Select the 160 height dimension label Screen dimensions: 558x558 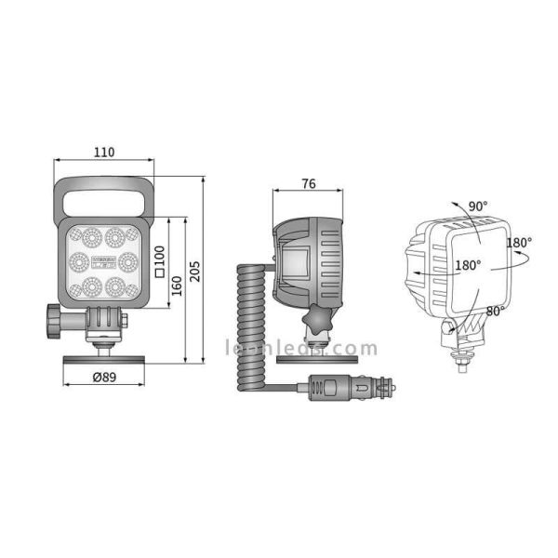[x=177, y=289]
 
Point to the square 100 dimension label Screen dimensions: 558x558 [x=159, y=261]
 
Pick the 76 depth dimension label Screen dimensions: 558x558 [x=309, y=183]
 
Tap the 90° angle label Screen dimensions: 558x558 [x=478, y=206]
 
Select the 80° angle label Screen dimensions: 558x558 [x=497, y=311]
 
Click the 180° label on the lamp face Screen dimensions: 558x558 [x=468, y=265]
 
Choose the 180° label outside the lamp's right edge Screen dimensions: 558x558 [x=518, y=243]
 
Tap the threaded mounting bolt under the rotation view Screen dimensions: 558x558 [x=459, y=358]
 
